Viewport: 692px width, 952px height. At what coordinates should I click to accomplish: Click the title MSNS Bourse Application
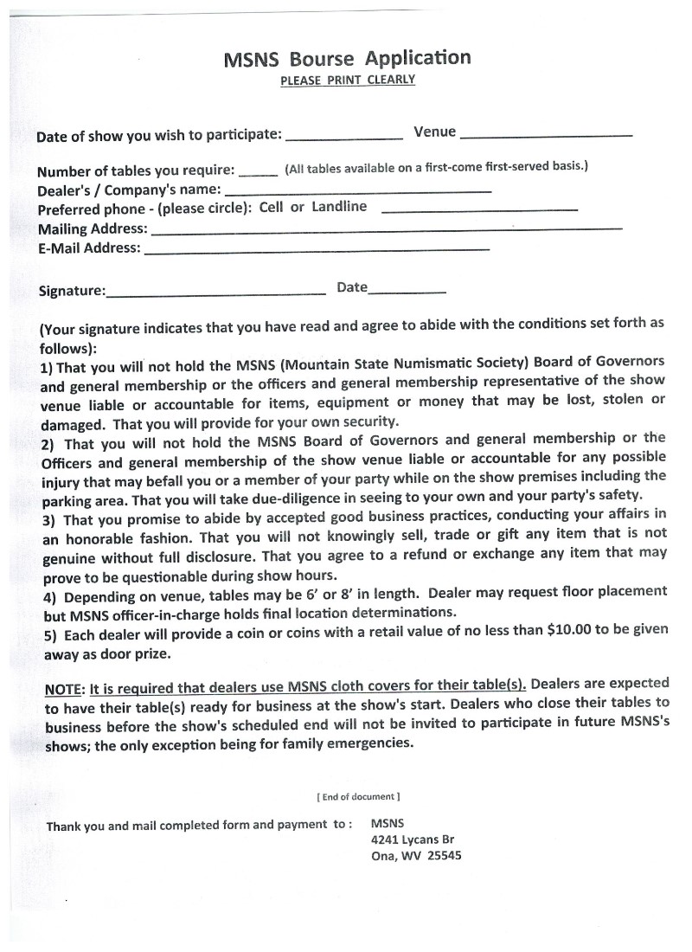(x=347, y=60)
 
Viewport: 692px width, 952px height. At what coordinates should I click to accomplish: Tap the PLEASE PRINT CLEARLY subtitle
(x=348, y=80)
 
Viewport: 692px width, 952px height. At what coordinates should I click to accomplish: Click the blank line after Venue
(x=547, y=136)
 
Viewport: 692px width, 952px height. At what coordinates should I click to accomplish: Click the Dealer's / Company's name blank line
(x=357, y=190)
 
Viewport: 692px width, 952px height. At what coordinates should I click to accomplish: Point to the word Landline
(x=339, y=207)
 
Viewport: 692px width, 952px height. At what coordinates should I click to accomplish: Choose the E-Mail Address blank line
(x=317, y=250)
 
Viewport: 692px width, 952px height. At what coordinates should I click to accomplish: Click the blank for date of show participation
(x=343, y=138)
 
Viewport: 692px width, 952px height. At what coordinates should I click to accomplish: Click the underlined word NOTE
(x=62, y=690)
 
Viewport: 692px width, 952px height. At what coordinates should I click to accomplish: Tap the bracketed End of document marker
(x=358, y=796)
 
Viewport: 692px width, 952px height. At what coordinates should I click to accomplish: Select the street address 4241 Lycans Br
(x=412, y=839)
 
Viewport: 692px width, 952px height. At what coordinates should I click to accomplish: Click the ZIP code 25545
(x=445, y=856)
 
